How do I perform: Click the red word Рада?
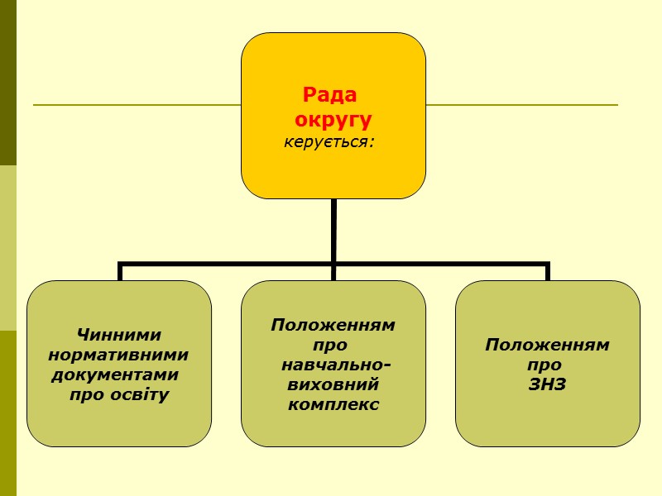click(333, 94)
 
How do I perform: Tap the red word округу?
click(333, 119)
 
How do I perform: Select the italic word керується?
click(330, 141)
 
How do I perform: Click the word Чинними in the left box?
click(118, 335)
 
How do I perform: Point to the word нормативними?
click(118, 355)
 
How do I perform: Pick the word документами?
click(115, 374)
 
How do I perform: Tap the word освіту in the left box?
click(139, 394)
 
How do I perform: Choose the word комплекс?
click(333, 404)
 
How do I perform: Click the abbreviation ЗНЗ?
click(547, 384)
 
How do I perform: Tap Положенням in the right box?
click(547, 345)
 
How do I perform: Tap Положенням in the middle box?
click(333, 325)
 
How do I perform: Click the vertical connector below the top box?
click(333, 231)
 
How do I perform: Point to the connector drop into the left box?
click(121, 272)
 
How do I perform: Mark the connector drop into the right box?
click(547, 272)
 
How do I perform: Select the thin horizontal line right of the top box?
click(521, 105)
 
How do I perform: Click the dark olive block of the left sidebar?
click(8, 83)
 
